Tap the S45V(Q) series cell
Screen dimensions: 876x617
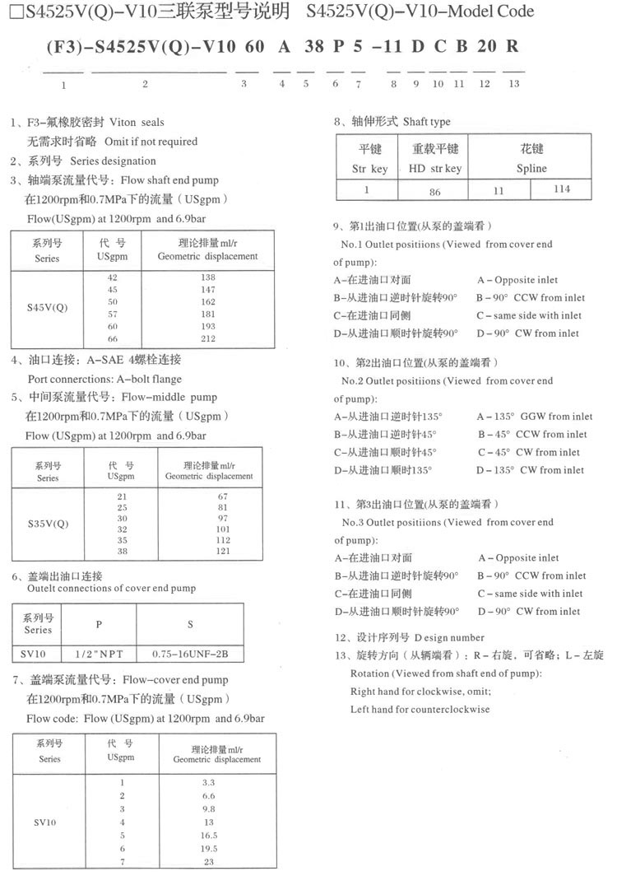pyautogui.click(x=48, y=308)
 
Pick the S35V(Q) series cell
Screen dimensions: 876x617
pyautogui.click(x=48, y=524)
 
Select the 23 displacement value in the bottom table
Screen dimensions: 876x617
pyautogui.click(x=208, y=860)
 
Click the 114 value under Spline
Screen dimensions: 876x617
pyautogui.click(x=561, y=189)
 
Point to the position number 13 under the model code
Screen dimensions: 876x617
pyautogui.click(x=514, y=83)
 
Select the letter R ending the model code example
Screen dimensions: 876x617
pyautogui.click(x=513, y=46)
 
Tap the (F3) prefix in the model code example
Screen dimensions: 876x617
pyautogui.click(x=57, y=46)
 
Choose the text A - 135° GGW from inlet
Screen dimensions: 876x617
pyautogui.click(x=534, y=417)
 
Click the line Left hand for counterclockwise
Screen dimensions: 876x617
pyautogui.click(x=420, y=709)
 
